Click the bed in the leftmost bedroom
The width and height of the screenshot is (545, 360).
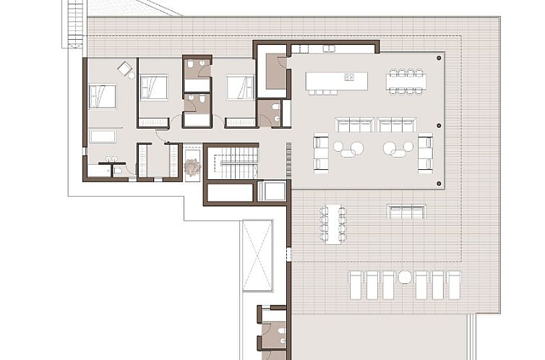click(x=102, y=96)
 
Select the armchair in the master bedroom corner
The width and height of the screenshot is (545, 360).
click(x=125, y=69)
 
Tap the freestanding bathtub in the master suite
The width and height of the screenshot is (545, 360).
click(x=103, y=136)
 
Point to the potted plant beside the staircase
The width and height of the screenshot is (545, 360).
click(x=192, y=168)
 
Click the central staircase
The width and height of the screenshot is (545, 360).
click(x=238, y=163)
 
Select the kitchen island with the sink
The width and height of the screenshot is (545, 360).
click(x=336, y=80)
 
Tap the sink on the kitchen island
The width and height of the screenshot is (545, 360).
click(x=350, y=77)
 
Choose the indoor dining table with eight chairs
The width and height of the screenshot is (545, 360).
click(x=405, y=81)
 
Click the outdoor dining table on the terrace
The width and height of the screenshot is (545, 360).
click(x=333, y=224)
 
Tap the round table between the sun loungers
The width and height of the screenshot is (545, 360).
click(x=405, y=277)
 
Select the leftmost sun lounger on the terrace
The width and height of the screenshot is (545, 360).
click(x=356, y=285)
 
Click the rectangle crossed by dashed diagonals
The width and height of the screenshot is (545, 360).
click(x=257, y=256)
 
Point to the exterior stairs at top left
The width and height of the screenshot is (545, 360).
click(x=74, y=23)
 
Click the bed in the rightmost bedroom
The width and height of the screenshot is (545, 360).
click(x=240, y=87)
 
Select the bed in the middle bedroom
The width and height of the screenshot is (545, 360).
click(x=153, y=87)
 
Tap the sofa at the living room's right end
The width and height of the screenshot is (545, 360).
click(x=425, y=153)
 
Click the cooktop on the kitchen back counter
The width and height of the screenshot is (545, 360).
click(x=329, y=48)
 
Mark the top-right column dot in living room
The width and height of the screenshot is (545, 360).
click(x=439, y=57)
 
